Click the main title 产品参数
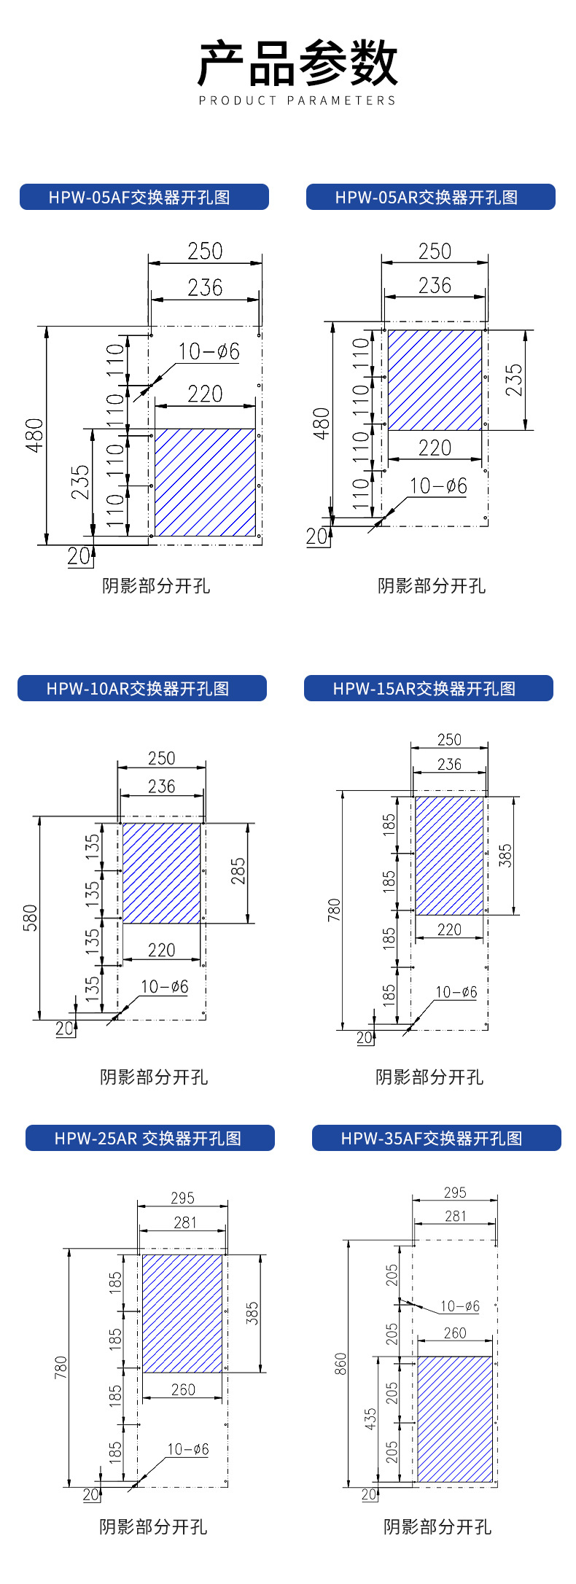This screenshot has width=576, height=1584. point(297,64)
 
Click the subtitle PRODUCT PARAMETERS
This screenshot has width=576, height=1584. point(297,101)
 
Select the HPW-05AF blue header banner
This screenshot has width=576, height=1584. point(144,197)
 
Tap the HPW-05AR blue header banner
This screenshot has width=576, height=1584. point(430,197)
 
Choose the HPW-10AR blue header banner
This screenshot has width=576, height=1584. point(141,689)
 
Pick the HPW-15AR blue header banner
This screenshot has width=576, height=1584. point(428,689)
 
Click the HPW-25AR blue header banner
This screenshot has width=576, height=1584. point(149,1138)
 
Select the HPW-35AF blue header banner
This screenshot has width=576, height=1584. point(436,1138)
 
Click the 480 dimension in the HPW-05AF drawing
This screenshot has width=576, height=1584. point(35,435)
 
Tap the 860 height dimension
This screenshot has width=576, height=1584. point(340,1364)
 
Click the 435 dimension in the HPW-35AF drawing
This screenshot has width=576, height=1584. point(371,1418)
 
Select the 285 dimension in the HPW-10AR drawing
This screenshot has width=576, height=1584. point(238,872)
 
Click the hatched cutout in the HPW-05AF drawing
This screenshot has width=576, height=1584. point(205,483)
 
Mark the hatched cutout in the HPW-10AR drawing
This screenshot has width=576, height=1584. point(161,873)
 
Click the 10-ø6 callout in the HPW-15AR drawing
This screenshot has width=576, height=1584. point(456,992)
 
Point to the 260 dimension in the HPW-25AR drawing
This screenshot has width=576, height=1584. point(182,1390)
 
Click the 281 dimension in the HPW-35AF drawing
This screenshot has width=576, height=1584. point(455,1216)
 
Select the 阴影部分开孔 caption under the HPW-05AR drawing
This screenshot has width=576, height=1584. point(431,586)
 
